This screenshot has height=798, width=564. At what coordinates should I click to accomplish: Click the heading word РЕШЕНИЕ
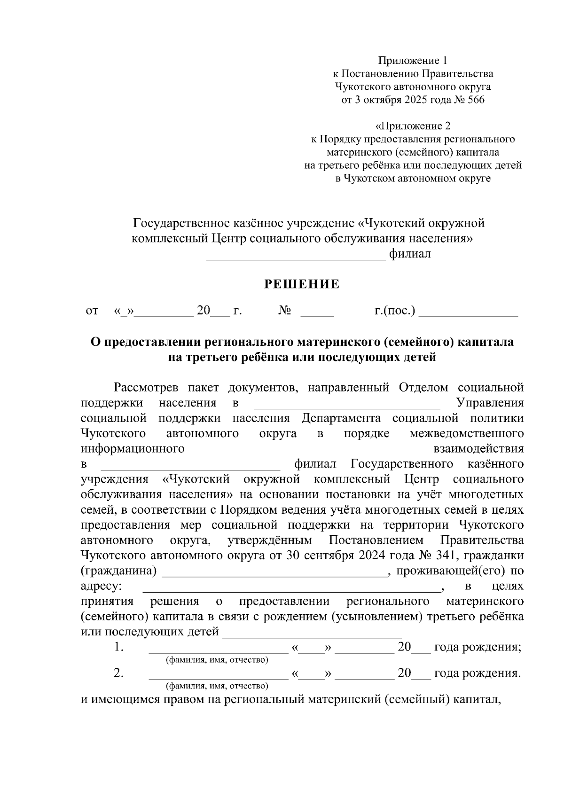(x=302, y=284)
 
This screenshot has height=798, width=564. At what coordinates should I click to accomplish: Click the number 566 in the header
(x=476, y=100)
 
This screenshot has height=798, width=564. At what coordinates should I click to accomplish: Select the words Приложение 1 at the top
(x=413, y=61)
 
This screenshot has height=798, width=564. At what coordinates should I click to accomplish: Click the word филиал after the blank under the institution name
(x=410, y=254)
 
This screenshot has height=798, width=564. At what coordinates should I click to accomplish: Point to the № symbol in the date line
(x=285, y=311)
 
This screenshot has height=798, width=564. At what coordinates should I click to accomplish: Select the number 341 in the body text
(x=445, y=555)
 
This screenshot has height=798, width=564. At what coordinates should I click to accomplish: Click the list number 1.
(x=118, y=647)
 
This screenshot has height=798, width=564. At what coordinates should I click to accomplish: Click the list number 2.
(x=118, y=673)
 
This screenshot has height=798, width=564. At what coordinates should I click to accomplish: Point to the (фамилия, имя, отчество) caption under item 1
(x=217, y=660)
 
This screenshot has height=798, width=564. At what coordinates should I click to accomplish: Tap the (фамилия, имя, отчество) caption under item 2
(x=217, y=686)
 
